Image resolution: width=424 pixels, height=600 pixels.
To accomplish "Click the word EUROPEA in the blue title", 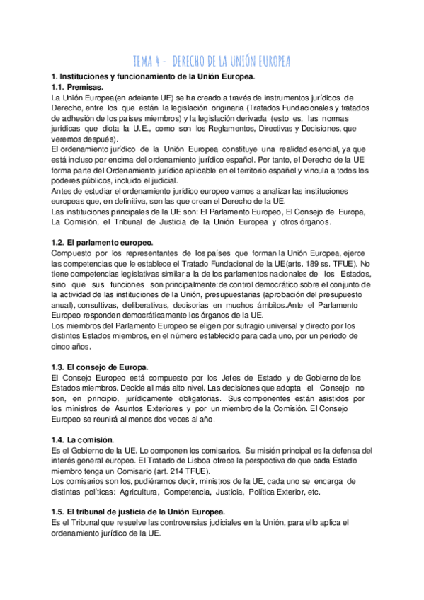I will pyautogui.click(x=267, y=60).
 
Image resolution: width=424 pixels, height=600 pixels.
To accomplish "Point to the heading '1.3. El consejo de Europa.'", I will pyautogui.click(x=99, y=367).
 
